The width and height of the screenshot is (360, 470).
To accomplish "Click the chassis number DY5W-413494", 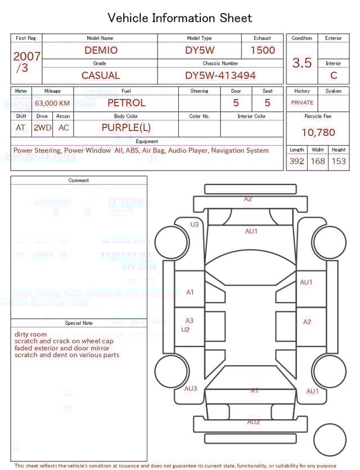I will [x=220, y=75].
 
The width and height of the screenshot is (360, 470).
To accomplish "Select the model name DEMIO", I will [x=101, y=50].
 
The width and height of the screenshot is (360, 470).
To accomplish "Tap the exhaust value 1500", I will [x=263, y=50].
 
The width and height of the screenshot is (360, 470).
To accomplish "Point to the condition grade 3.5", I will [x=302, y=63].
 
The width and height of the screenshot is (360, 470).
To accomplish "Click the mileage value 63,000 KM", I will [x=52, y=103].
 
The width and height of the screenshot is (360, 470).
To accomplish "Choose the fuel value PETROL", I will [x=126, y=102].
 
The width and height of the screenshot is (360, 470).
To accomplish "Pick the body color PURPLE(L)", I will [x=126, y=127].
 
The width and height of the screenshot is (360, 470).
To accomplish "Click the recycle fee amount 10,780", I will [x=318, y=132].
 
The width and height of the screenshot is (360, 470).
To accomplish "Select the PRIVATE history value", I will [x=302, y=102].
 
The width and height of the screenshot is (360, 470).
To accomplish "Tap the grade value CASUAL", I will [x=101, y=75].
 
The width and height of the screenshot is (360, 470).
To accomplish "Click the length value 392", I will [x=296, y=161].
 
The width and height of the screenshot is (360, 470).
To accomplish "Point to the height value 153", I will [x=339, y=161].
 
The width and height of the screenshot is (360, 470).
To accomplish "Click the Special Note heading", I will [x=79, y=323].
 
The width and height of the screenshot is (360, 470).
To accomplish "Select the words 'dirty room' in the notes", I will [x=31, y=334].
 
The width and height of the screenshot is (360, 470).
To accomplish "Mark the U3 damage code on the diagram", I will [x=195, y=224].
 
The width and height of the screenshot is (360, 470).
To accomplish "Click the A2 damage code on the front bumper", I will [x=248, y=199].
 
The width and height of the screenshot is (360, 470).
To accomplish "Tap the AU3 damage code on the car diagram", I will [x=191, y=388].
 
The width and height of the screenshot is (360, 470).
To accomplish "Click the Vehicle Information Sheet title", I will [x=180, y=18].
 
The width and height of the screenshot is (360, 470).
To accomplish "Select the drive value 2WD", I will [x=42, y=128].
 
